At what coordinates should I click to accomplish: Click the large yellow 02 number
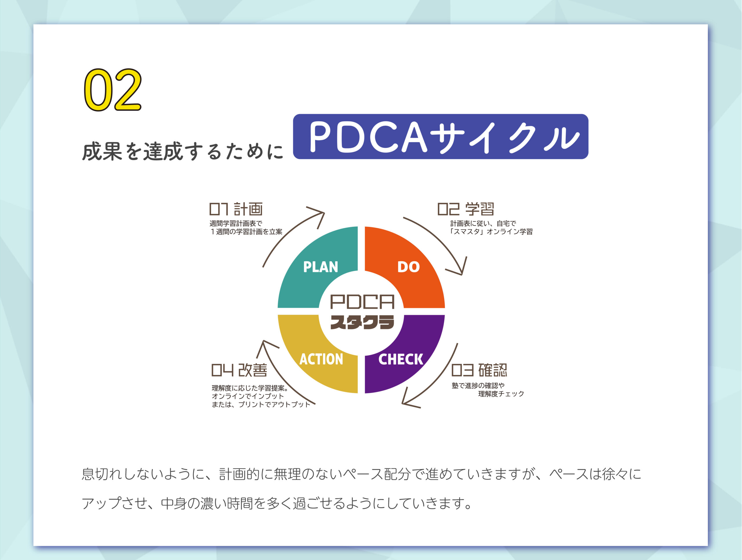(x=112, y=90)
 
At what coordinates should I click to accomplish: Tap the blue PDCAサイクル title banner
(x=441, y=136)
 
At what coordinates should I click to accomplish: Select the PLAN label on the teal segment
(x=320, y=267)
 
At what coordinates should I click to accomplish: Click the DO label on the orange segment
(x=408, y=267)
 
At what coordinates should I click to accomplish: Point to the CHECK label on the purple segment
(x=401, y=359)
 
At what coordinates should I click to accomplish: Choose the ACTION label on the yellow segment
(x=321, y=359)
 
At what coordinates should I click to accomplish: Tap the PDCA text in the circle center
(x=362, y=302)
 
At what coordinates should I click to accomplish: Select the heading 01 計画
(x=236, y=209)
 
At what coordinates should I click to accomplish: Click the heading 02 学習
(x=465, y=209)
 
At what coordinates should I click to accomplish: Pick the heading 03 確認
(x=479, y=370)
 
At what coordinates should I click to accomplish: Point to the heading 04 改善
(x=239, y=370)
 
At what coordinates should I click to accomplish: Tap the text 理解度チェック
(x=501, y=394)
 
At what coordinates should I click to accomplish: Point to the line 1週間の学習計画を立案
(x=246, y=232)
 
